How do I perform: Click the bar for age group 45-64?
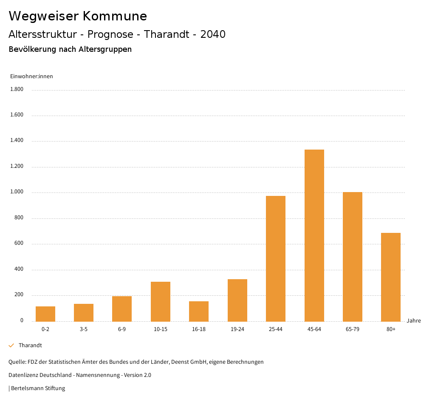point(314,235)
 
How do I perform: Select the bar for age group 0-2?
point(45,314)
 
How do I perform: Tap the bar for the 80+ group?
point(391,277)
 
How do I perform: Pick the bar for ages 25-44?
point(276,258)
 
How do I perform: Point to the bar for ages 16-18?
point(199,311)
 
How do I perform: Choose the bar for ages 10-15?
point(161,301)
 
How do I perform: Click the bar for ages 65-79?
point(353,257)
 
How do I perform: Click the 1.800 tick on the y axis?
point(17,90)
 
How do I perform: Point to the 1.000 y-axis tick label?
point(17,193)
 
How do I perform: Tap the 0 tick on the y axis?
point(22,321)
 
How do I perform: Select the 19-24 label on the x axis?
point(237,329)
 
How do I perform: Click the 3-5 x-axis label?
point(84,329)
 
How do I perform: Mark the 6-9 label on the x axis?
point(122,329)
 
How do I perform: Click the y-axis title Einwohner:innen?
point(31,76)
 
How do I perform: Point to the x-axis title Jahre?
point(414,321)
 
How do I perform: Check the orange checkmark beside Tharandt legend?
point(11,345)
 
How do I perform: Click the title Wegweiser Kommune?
point(78,16)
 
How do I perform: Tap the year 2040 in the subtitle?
point(213,34)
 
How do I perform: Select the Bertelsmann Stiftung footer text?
point(38,388)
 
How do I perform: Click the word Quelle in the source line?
point(17,362)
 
